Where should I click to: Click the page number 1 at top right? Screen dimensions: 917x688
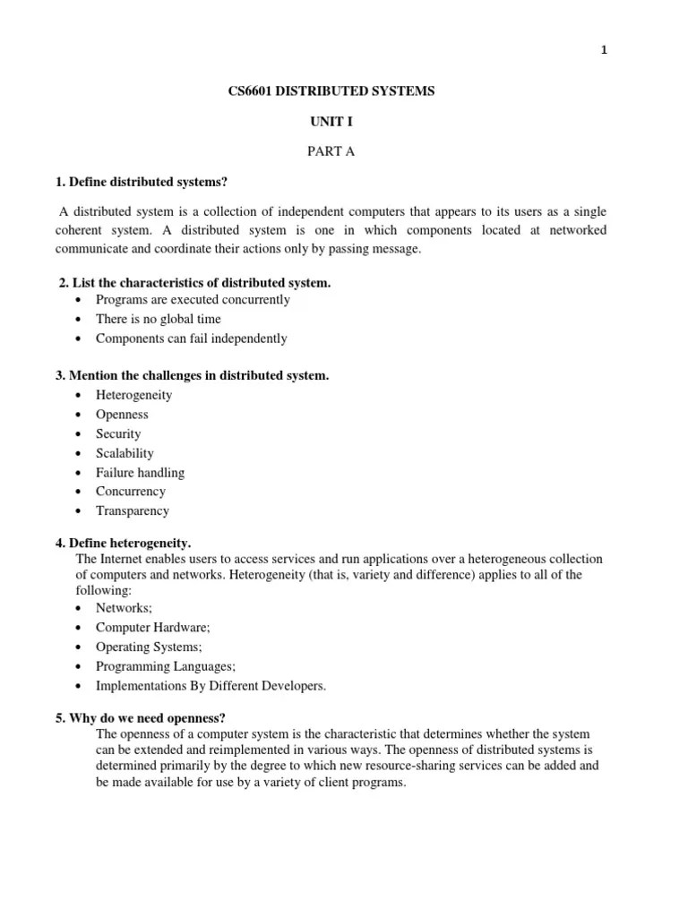click(605, 50)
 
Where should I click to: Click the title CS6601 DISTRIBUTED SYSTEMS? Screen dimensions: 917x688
click(331, 92)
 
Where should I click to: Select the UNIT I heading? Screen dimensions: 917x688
click(331, 121)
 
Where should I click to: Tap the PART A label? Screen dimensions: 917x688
click(331, 150)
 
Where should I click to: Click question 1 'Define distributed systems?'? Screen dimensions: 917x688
click(142, 183)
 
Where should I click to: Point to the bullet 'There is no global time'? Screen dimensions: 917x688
click(158, 319)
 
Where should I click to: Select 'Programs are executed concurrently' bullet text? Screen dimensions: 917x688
click(193, 300)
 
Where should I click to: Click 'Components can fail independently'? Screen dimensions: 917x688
click(192, 339)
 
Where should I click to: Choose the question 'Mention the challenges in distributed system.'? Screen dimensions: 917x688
click(192, 375)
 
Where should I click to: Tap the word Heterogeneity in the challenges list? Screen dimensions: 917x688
click(134, 395)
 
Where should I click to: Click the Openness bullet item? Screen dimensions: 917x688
click(123, 415)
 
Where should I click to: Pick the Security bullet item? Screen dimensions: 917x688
click(119, 433)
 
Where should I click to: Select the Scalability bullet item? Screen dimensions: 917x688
click(125, 453)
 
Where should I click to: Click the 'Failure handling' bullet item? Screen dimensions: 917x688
click(141, 472)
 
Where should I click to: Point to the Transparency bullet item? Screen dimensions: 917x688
click(133, 510)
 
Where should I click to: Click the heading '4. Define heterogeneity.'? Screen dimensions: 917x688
click(123, 543)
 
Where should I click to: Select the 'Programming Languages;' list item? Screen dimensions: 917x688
click(166, 666)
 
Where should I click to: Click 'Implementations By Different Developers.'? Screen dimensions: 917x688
click(211, 686)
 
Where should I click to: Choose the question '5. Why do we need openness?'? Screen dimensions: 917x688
click(141, 718)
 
